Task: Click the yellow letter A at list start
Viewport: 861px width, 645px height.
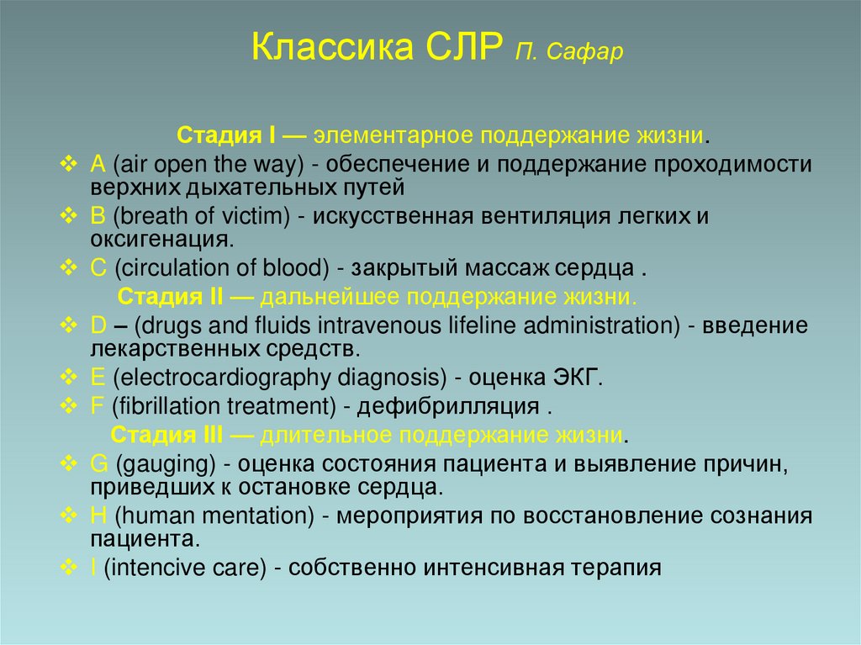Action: coord(98,163)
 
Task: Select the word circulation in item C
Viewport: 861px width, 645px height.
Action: coord(163,269)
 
